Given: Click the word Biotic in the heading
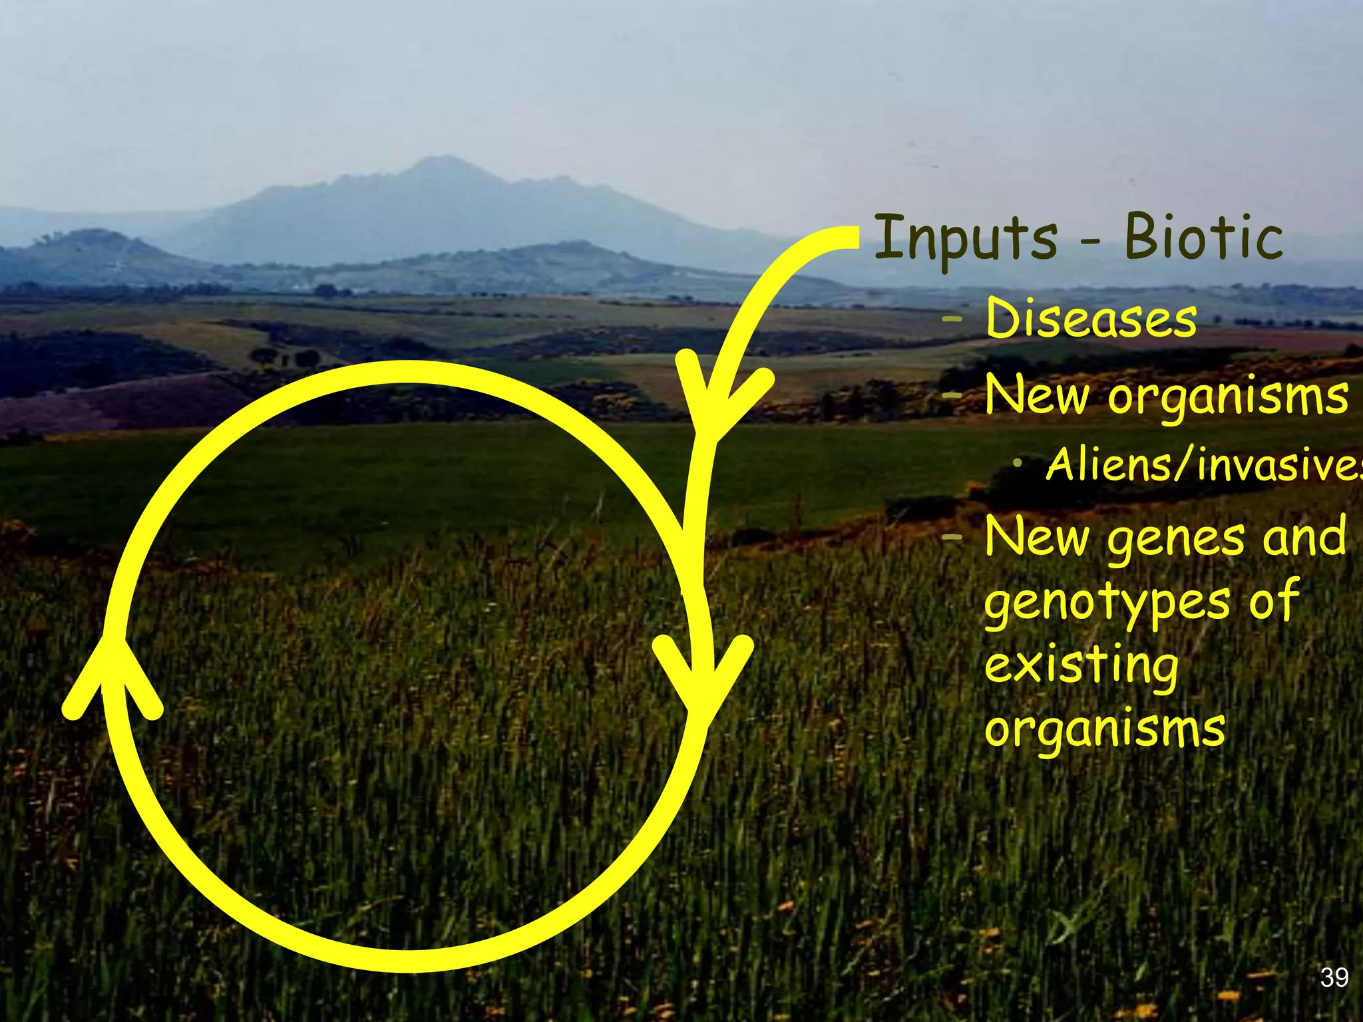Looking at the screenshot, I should click(1203, 238).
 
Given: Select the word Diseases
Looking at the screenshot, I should click(1091, 319).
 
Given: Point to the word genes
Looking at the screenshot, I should click(1175, 539).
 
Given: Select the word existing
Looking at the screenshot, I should click(1081, 666).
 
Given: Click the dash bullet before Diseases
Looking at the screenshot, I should click(952, 320).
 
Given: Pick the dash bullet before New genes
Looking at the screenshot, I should click(952, 538).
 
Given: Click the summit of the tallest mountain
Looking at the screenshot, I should click(440, 160).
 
